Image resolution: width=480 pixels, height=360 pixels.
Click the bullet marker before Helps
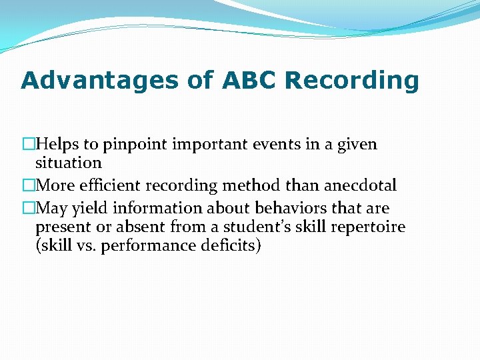[x=28, y=144]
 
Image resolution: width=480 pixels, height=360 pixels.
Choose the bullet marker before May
[x=28, y=208]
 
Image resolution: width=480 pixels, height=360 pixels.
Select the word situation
[x=68, y=163]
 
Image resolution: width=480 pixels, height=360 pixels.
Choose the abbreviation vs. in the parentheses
[x=82, y=245]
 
